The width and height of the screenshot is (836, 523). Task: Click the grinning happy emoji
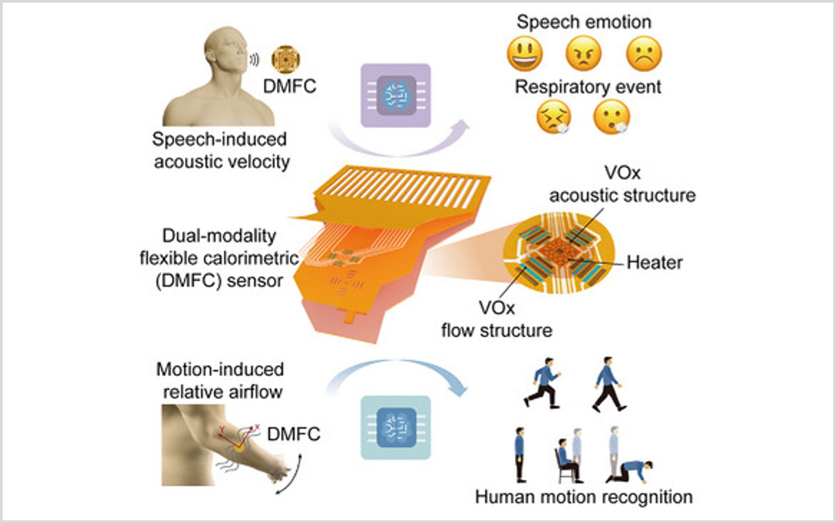(x=525, y=54)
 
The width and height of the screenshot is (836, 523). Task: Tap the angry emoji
(x=583, y=54)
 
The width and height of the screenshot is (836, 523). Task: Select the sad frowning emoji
(x=644, y=54)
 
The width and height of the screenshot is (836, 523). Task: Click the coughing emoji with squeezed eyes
(x=553, y=116)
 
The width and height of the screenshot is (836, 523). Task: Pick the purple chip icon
(x=395, y=96)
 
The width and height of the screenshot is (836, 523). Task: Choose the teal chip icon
(x=395, y=427)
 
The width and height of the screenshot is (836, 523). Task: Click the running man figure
(x=543, y=383)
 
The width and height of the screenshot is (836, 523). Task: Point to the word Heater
(x=654, y=263)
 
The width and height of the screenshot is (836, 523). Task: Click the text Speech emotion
(x=584, y=22)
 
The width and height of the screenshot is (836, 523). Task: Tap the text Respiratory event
(x=588, y=87)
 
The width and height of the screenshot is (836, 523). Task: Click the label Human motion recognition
(x=583, y=497)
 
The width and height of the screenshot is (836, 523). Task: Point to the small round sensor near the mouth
(x=286, y=59)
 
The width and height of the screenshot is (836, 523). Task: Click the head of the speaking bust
(x=227, y=48)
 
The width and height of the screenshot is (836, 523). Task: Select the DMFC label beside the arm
(x=293, y=434)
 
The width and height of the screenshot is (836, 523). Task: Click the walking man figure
(x=608, y=385)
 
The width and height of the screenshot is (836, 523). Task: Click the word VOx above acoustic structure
(x=622, y=173)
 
